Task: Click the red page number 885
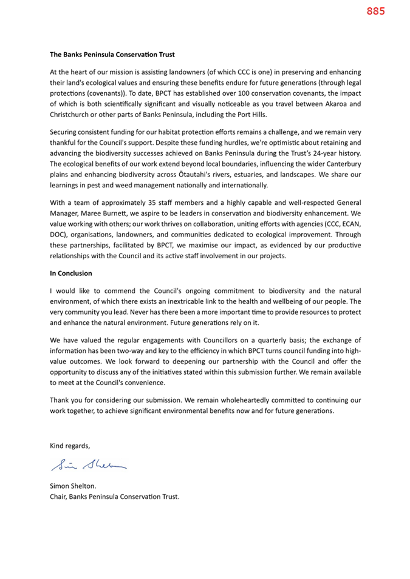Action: pyautogui.click(x=375, y=11)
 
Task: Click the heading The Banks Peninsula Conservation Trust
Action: pyautogui.click(x=112, y=55)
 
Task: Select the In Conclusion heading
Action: pyautogui.click(x=71, y=273)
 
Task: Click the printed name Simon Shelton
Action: pyautogui.click(x=72, y=486)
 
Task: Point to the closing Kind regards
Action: pyautogui.click(x=70, y=446)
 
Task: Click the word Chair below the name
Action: pyautogui.click(x=58, y=497)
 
